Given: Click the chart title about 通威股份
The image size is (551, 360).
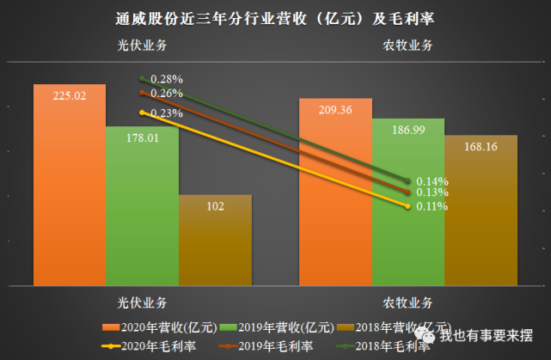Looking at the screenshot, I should click(274, 18).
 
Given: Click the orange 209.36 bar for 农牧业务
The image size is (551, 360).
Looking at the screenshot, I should click(335, 190).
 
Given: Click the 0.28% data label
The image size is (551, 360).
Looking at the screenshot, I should click(167, 79).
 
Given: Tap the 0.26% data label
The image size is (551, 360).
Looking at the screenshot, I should click(167, 93).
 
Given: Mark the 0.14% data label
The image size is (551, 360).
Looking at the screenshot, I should click(432, 181).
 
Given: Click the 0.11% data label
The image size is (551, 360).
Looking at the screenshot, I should click(432, 207).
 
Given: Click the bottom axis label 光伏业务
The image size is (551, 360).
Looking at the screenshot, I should click(143, 302).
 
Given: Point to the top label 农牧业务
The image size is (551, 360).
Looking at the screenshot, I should click(407, 46).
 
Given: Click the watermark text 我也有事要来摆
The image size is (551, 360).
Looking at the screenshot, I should click(487, 335).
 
